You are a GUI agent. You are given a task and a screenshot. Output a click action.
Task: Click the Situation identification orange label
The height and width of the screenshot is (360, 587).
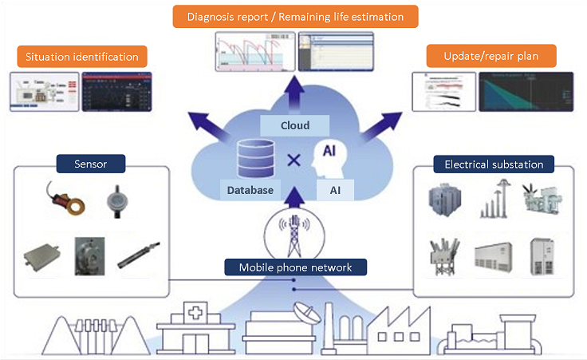click(x=81, y=57)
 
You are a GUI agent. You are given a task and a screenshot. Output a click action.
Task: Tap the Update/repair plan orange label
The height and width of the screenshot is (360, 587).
click(x=490, y=56)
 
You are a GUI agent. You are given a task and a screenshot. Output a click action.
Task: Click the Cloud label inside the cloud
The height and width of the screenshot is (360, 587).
click(x=295, y=125)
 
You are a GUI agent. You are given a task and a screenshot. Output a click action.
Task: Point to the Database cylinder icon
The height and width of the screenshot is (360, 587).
click(x=254, y=159)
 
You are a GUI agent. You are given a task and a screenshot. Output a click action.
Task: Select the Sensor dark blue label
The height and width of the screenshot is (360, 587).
click(x=92, y=164)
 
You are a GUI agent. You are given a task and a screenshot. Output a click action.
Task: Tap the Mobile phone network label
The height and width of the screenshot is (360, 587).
click(x=295, y=267)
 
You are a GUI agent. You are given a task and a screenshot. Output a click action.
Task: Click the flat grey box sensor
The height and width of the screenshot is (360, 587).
click(x=45, y=255)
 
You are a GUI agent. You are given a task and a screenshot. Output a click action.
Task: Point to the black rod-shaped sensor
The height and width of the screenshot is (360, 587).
click(x=135, y=254)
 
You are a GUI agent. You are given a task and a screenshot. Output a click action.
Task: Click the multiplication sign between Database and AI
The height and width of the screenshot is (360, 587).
click(x=293, y=160)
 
